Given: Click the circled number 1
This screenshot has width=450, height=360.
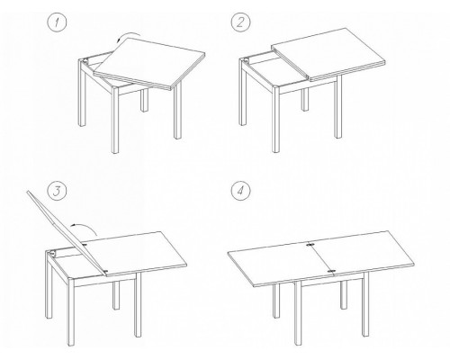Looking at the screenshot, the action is pyautogui.click(x=57, y=22).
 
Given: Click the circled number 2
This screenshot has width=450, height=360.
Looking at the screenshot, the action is pyautogui.click(x=240, y=22).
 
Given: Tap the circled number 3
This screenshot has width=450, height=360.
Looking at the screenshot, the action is pyautogui.click(x=57, y=191).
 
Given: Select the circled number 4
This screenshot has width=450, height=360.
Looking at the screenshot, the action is pyautogui.click(x=240, y=191).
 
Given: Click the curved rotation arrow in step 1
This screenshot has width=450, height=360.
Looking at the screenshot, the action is pyautogui.click(x=128, y=34).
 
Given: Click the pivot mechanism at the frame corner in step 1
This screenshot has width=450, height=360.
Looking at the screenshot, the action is pyautogui.click(x=85, y=61).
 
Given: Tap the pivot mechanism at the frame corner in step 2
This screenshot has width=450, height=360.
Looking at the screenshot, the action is pyautogui.click(x=247, y=61).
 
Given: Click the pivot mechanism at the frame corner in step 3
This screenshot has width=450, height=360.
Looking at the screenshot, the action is pyautogui.click(x=53, y=253).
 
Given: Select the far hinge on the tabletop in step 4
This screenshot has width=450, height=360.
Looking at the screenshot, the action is pyautogui.click(x=310, y=245).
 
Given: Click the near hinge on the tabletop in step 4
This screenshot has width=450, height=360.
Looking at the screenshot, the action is pyautogui.click(x=331, y=272).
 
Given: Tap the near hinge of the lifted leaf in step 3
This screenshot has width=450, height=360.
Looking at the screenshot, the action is pyautogui.click(x=105, y=272).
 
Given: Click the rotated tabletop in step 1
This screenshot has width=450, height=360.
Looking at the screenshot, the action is pyautogui.click(x=149, y=64).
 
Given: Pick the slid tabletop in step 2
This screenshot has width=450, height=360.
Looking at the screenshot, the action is pyautogui.click(x=328, y=55).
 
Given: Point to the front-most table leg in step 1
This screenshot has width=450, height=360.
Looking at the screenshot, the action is pyautogui.click(x=115, y=120).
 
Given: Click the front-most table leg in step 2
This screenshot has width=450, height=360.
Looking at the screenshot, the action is pyautogui.click(x=276, y=120).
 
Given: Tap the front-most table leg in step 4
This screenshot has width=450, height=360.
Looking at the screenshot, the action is pyautogui.click(x=298, y=313).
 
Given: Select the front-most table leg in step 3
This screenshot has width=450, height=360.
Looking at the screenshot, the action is pyautogui.click(x=71, y=312).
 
